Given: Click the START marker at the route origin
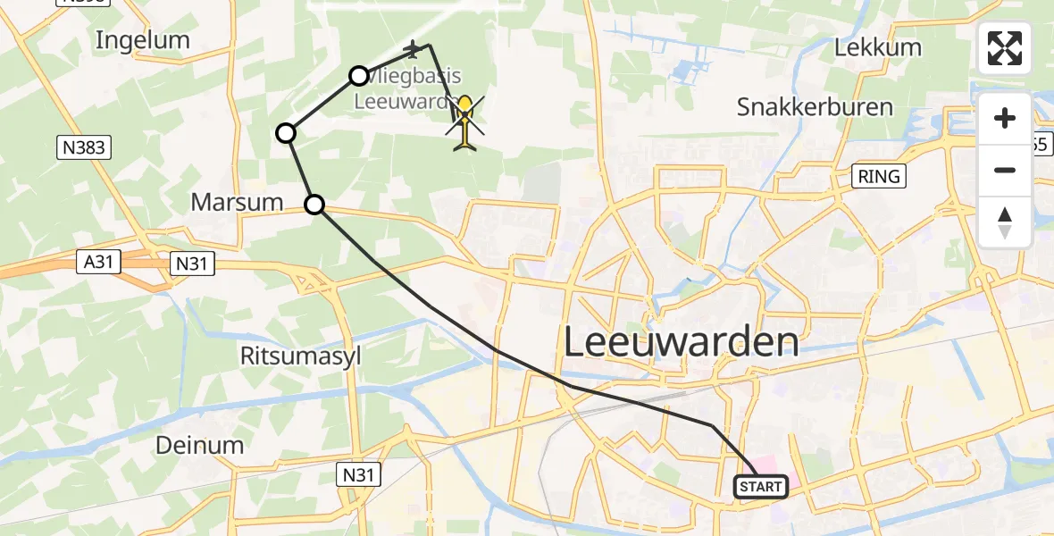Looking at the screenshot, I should pyautogui.click(x=761, y=487).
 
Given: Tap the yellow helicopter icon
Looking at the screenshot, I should pyautogui.click(x=464, y=121).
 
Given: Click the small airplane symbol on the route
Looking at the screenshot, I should pyautogui.click(x=412, y=47).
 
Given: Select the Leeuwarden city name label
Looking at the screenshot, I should pyautogui.click(x=682, y=341).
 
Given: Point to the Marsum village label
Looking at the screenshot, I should pyautogui.click(x=237, y=203).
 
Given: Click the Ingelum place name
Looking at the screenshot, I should pyautogui.click(x=143, y=40).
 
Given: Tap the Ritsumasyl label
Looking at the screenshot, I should pyautogui.click(x=301, y=356).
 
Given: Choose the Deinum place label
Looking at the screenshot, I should pyautogui.click(x=199, y=445).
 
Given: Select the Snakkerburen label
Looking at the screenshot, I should pyautogui.click(x=815, y=107).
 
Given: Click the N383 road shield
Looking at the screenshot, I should pyautogui.click(x=85, y=148).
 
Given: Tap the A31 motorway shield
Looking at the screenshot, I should pyautogui.click(x=100, y=263).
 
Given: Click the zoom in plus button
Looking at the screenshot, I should pyautogui.click(x=1005, y=118).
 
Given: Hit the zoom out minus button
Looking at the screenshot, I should pyautogui.click(x=1005, y=170).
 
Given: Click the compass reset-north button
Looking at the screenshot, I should pyautogui.click(x=1005, y=222).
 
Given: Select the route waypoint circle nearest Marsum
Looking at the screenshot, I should pyautogui.click(x=314, y=205).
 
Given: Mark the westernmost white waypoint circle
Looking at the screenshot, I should pyautogui.click(x=286, y=134).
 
